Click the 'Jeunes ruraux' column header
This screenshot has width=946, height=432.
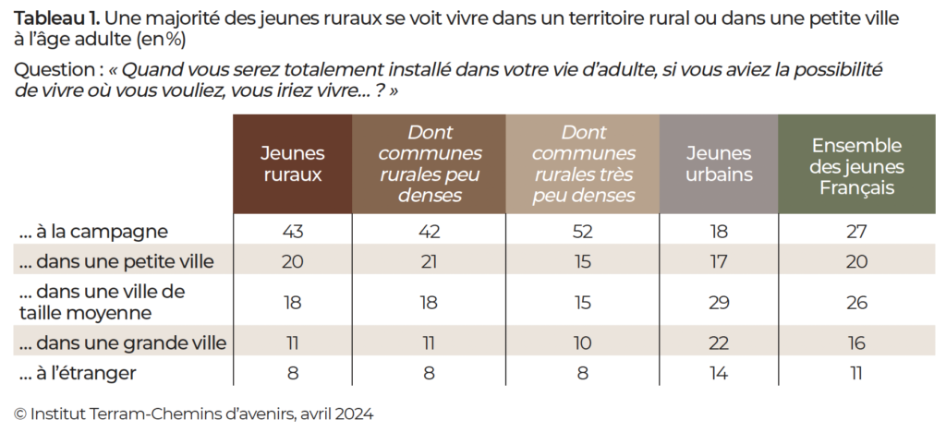[292, 164]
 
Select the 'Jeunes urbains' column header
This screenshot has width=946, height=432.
[720, 164]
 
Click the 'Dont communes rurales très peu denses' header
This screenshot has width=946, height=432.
[584, 164]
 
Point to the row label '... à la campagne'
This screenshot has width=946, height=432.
[93, 231]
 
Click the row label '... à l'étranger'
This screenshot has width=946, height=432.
[79, 373]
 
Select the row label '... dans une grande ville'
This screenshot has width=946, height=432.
[123, 343]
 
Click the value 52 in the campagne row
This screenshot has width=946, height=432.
[583, 231]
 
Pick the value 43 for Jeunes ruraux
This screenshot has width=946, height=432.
[292, 231]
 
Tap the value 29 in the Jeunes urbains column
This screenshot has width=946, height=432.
[719, 303]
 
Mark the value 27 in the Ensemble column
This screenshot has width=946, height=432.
[856, 231]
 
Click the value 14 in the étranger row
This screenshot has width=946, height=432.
[719, 373]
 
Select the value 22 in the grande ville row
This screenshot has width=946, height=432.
[719, 343]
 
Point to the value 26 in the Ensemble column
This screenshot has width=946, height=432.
[856, 303]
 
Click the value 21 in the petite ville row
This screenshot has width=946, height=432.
[430, 262]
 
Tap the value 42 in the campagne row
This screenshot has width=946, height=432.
[430, 231]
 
